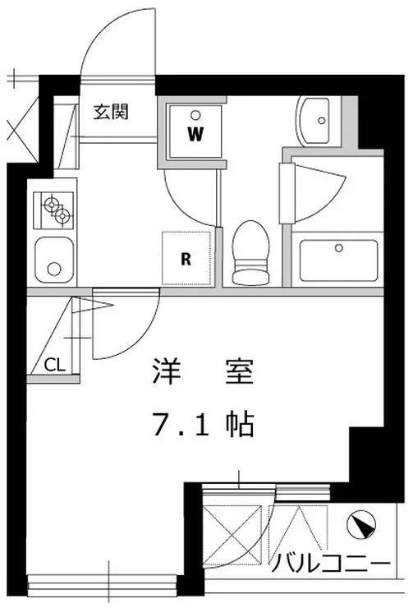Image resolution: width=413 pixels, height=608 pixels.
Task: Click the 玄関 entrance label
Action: (109, 113)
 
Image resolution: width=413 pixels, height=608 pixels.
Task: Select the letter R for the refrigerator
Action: (186, 260)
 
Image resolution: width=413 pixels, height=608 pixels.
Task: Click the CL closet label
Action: (54, 364)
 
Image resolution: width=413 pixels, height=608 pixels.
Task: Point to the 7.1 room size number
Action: (179, 425)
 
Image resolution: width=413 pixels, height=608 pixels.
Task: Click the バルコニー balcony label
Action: (330, 565)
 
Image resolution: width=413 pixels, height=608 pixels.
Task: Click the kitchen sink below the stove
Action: (54, 258)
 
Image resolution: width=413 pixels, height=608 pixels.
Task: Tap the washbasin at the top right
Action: (317, 121)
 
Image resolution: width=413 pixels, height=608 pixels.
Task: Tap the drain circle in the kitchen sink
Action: (54, 268)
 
